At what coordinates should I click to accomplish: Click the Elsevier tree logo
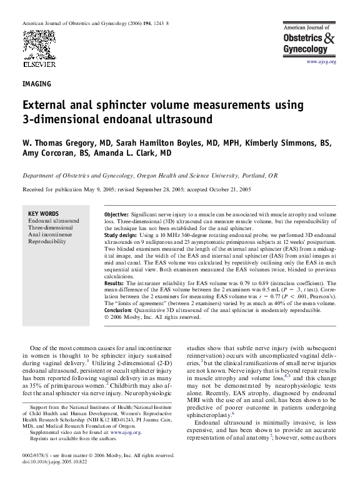35,46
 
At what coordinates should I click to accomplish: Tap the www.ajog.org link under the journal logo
321,62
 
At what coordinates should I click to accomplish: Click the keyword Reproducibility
47,241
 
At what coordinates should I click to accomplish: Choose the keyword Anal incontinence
50,234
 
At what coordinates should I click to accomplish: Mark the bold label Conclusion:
121,310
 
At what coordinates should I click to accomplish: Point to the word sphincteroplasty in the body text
209,431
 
